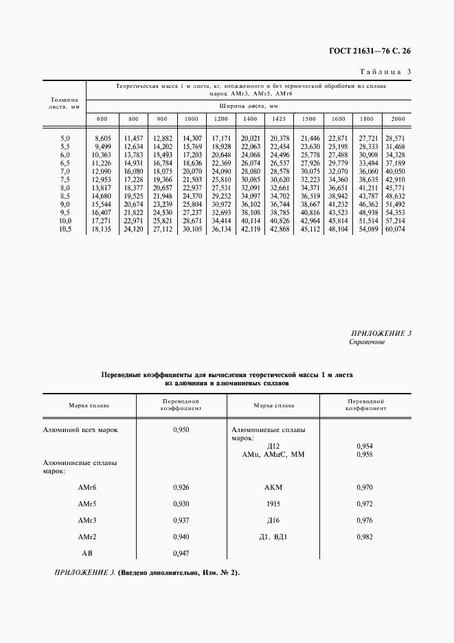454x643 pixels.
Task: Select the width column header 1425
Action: [278, 119]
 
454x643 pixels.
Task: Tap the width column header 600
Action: [102, 119]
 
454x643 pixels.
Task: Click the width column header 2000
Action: [398, 119]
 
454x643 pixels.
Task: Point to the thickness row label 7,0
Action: [65, 170]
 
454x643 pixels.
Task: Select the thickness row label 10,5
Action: [65, 230]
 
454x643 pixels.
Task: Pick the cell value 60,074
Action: [396, 230]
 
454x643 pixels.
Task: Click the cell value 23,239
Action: [162, 205]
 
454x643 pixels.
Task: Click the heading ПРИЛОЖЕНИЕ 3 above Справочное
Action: [380, 333]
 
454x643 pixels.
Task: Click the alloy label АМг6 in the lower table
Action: [88, 487]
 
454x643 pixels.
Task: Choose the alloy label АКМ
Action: [273, 487]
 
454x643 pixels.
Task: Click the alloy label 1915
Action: [273, 504]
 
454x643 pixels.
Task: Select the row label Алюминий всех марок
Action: [81, 429]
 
